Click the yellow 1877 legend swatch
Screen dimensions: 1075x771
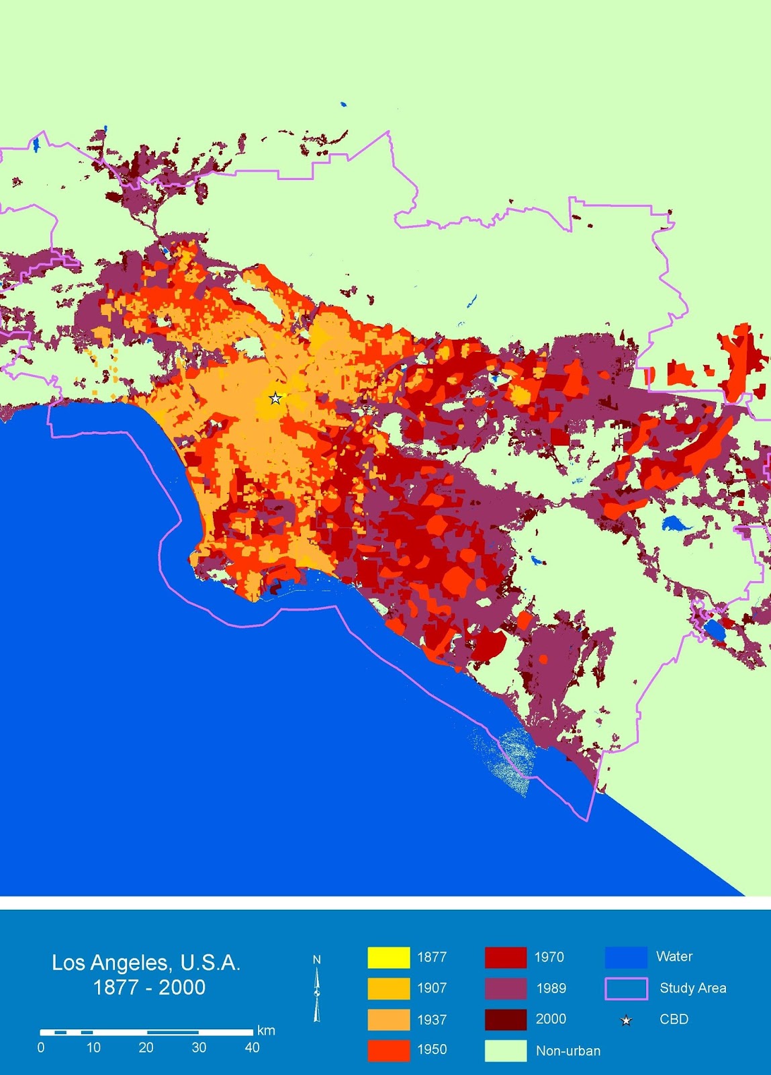coord(388,957)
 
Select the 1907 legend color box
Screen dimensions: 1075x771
coord(388,988)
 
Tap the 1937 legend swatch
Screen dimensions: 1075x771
coord(388,1019)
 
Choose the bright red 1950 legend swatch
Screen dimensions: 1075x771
coord(388,1050)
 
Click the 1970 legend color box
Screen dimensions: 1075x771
coord(505,957)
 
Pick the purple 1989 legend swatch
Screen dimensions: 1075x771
coord(505,988)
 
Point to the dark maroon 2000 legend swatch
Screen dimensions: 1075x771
coord(505,1019)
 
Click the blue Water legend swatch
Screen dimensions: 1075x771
coord(625,957)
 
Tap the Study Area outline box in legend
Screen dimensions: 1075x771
coord(626,988)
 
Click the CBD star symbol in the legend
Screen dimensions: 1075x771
coord(626,1021)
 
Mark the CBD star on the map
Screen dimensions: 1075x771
coord(275,398)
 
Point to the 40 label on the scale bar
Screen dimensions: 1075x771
coord(252,1047)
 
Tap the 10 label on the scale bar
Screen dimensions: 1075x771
coord(93,1047)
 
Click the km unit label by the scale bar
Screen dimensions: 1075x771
coord(266,1031)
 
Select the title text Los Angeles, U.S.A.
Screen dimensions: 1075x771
coord(146,963)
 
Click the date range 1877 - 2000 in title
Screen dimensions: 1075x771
coord(149,988)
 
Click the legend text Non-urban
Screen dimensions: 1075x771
coord(568,1051)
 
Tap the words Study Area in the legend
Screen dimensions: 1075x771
coord(692,988)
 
